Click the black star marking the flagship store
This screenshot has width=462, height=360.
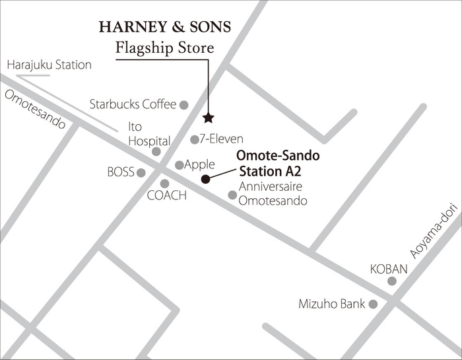(209, 118)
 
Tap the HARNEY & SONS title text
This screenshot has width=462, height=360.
(165, 27)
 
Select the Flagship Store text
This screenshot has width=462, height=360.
(165, 48)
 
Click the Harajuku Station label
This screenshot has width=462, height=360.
(49, 65)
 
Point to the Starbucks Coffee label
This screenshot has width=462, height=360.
(133, 104)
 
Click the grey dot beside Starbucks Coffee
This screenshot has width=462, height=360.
(184, 104)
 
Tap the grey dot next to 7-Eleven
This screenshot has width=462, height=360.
(194, 139)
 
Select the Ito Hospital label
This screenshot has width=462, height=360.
(149, 133)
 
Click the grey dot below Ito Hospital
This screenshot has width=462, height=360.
(156, 152)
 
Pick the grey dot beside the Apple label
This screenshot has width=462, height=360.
(179, 165)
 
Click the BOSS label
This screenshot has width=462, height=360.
(120, 172)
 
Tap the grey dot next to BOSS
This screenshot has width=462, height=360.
(141, 173)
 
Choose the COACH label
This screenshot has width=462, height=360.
(167, 196)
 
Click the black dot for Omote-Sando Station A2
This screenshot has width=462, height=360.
(205, 178)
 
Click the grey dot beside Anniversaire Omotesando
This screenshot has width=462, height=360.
(232, 195)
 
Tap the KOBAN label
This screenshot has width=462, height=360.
(389, 269)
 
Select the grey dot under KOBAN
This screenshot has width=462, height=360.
(391, 281)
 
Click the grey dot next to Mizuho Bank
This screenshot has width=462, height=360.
(373, 305)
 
